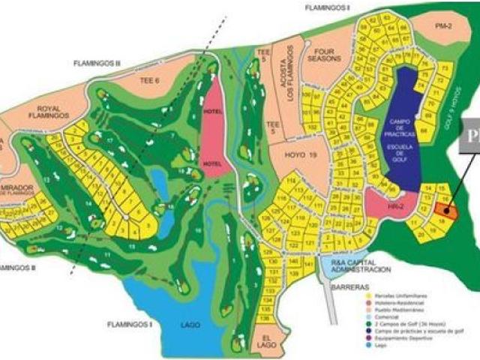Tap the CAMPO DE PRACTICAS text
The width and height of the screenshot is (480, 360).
(x=408, y=126)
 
